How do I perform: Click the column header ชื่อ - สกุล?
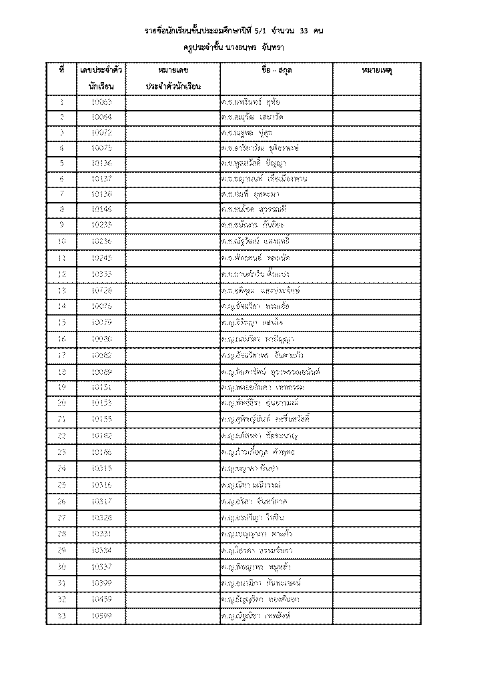pyautogui.click(x=276, y=69)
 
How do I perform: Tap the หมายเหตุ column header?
pyautogui.click(x=376, y=69)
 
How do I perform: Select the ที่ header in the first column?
pyautogui.click(x=62, y=69)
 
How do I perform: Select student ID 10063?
pyautogui.click(x=102, y=102)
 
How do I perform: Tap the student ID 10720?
pyautogui.click(x=102, y=291)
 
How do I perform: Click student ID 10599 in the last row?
pyautogui.click(x=102, y=614)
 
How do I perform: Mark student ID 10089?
pyautogui.click(x=102, y=371)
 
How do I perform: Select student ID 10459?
pyautogui.click(x=102, y=599)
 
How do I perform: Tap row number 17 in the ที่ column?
pyautogui.click(x=62, y=355)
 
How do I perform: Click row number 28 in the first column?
pyautogui.click(x=62, y=534)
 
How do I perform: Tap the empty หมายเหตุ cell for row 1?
pyautogui.click(x=376, y=102)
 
